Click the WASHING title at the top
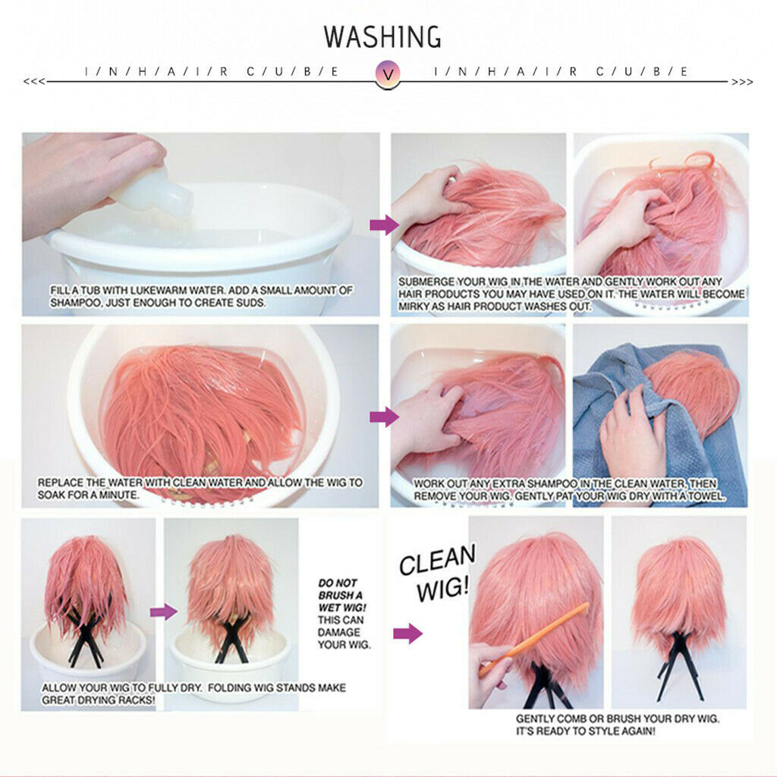coord(382,36)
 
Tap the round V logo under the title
coord(388,74)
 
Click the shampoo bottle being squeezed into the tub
coord(153,193)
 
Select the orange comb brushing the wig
coord(533,639)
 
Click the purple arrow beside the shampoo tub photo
coord(384,225)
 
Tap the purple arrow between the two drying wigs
coord(164,612)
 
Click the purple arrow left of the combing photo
coord(407,633)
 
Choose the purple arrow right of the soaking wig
coord(384,417)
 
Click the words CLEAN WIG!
coord(437,572)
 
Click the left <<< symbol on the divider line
coord(34,81)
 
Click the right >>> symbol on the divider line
coord(742,82)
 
